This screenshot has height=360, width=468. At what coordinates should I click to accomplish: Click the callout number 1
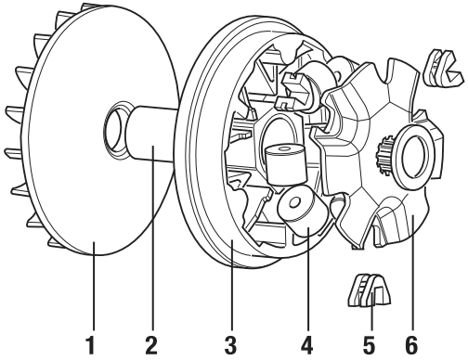[91, 345]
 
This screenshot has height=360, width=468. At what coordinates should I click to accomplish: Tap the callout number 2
[151, 345]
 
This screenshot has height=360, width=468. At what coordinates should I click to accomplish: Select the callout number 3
[230, 345]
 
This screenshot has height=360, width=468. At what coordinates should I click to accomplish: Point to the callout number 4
[307, 345]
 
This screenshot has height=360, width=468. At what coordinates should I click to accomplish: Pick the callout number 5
[369, 345]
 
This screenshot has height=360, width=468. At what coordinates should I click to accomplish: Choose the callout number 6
[411, 345]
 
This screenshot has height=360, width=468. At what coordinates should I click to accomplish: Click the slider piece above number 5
[369, 290]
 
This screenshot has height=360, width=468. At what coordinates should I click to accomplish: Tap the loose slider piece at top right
[443, 68]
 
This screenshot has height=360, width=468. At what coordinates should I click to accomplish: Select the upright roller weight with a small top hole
[285, 164]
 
